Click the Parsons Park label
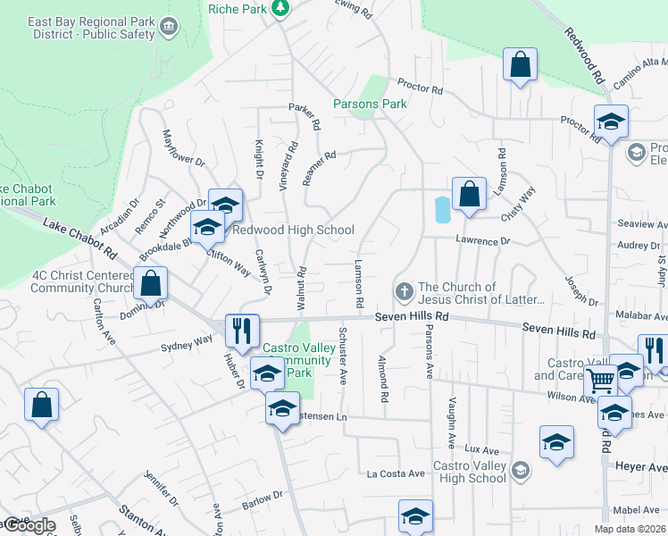370,104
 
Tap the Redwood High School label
293,230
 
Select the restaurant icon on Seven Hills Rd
242,330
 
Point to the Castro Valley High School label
470,472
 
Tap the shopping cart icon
600,380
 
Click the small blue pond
441,209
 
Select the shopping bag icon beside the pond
469,193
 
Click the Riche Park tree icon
280,8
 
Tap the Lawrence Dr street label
482,241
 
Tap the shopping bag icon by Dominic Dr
151,283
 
